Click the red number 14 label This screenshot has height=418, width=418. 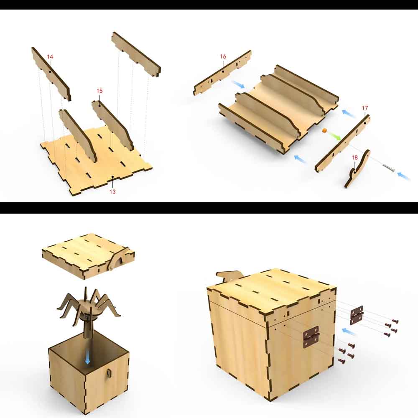(x=50, y=57)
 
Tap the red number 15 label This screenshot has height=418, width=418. (x=99, y=91)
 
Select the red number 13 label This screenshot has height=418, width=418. (x=112, y=192)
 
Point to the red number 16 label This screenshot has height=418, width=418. (x=223, y=56)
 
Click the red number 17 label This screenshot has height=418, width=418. (x=365, y=108)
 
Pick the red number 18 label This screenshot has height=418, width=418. (x=354, y=158)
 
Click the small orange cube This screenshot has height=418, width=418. (x=324, y=130)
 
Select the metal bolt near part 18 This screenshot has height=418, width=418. (x=388, y=168)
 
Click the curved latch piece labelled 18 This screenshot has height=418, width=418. (x=357, y=168)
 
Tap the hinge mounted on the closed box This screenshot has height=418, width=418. (x=311, y=337)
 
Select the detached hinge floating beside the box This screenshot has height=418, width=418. (x=357, y=315)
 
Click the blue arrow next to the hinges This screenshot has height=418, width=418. (x=349, y=331)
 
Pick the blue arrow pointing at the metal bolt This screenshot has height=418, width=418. (x=404, y=176)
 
